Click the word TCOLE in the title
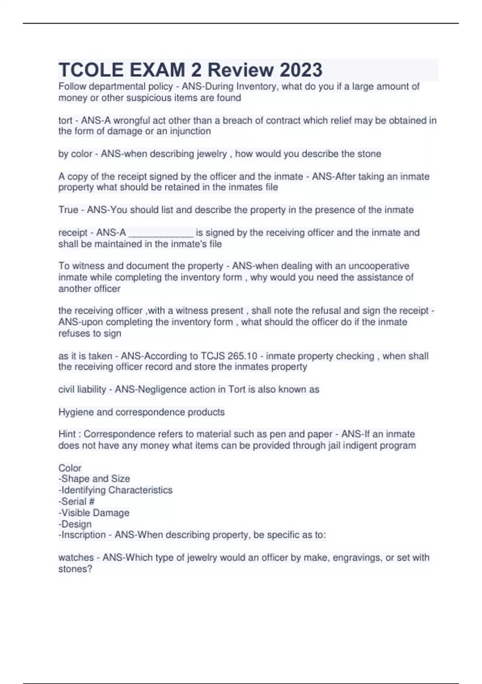pos(90,70)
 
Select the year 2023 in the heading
pos(301,70)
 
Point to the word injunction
pos(190,131)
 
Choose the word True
pos(68,210)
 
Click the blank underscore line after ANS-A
pos(161,233)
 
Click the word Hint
pos(67,434)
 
